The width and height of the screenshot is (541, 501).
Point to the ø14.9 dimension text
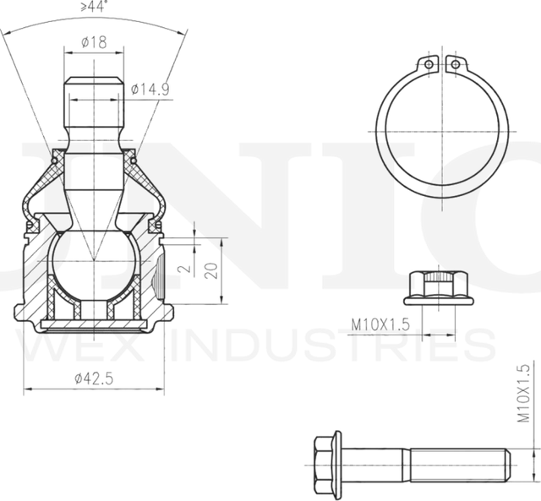(x=150, y=87)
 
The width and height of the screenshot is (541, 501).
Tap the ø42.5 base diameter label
(x=94, y=379)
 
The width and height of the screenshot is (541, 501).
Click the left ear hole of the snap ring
(x=429, y=65)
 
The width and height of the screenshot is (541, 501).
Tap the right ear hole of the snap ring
(x=455, y=65)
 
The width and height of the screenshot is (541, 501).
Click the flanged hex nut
(x=439, y=287)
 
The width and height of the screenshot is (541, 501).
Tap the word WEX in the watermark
(x=85, y=346)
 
